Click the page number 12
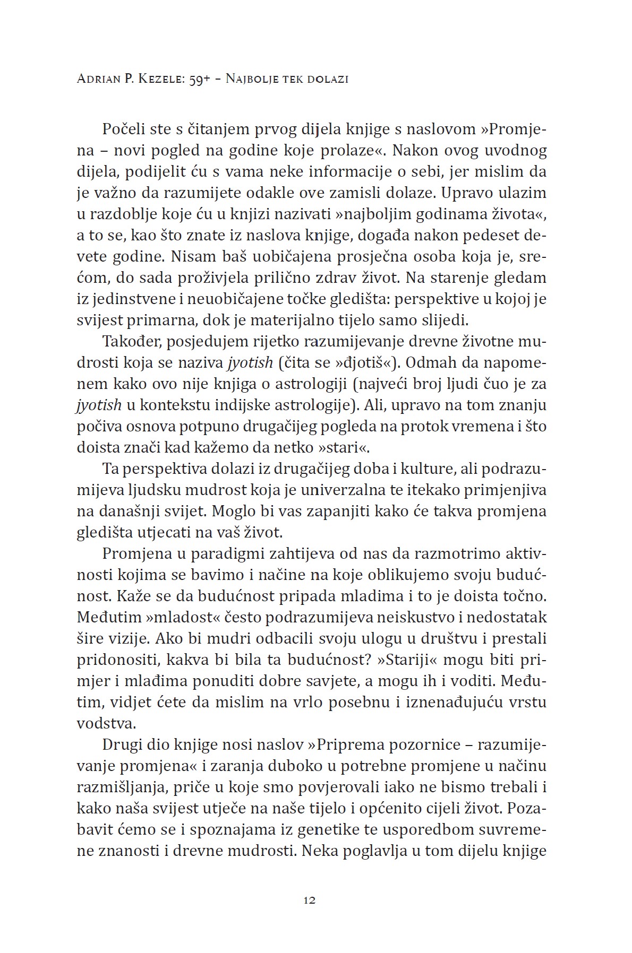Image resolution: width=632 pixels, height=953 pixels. click(x=310, y=900)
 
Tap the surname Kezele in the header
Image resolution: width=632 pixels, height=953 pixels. click(x=158, y=80)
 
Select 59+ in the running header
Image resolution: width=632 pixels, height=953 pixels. click(x=201, y=80)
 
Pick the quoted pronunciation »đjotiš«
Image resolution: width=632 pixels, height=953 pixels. click(x=363, y=363)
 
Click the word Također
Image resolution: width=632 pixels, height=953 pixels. click(x=131, y=342)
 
